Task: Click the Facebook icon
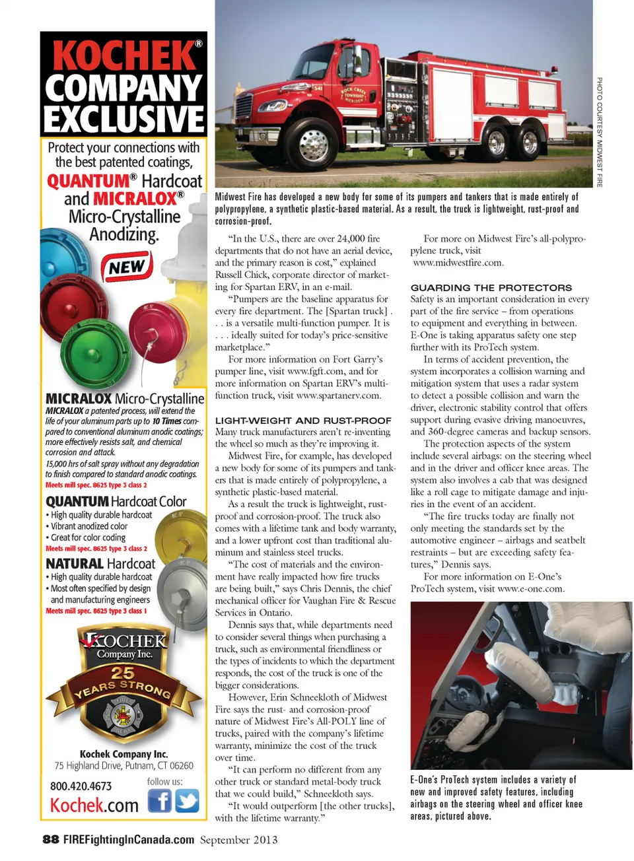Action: point(159,801)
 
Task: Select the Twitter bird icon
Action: point(187,801)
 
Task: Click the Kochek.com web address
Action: point(94,806)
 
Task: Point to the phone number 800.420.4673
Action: point(81,786)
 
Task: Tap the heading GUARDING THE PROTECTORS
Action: point(491,288)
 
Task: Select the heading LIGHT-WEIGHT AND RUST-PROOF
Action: point(303,421)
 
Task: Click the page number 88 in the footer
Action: point(51,839)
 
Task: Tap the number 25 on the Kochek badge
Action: point(123,673)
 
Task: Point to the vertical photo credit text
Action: point(599,132)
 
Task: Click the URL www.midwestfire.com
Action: point(458,263)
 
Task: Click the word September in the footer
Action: point(225,840)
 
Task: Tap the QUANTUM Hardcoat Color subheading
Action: point(116,502)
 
